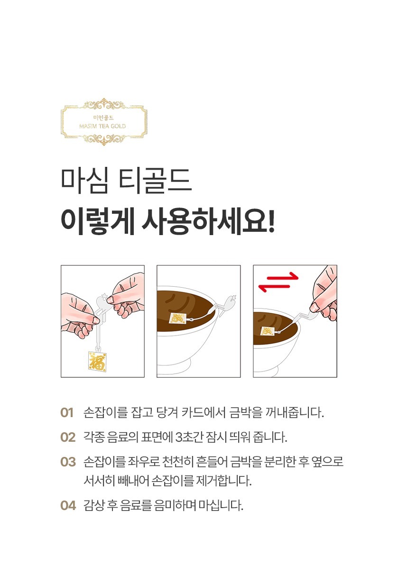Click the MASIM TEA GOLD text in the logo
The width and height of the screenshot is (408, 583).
click(102, 126)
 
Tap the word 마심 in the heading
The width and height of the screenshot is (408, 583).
click(84, 181)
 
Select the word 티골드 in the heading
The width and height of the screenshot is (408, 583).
click(155, 181)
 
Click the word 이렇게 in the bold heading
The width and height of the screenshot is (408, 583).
click(98, 221)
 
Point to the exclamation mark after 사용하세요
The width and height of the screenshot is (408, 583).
click(271, 221)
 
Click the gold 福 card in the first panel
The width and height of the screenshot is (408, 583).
click(98, 361)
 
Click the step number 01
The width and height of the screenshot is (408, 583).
click(67, 413)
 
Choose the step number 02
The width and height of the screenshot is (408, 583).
click(68, 437)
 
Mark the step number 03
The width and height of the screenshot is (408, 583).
click(68, 462)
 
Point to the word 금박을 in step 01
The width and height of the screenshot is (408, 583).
click(245, 412)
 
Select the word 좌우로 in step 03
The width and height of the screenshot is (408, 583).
click(143, 462)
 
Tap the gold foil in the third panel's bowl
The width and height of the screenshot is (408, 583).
click(268, 331)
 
